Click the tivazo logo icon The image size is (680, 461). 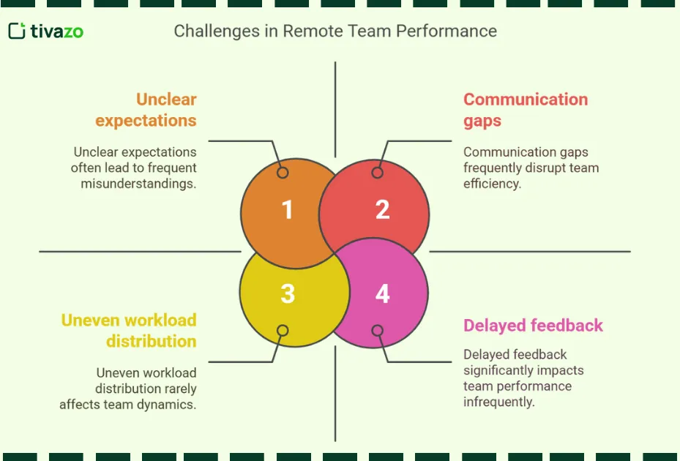click(18, 31)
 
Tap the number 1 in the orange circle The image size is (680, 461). click(288, 210)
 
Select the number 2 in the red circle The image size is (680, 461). click(382, 210)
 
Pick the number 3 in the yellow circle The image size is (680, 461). click(288, 294)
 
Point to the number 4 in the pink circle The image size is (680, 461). click(382, 294)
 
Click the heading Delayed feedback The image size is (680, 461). click(533, 326)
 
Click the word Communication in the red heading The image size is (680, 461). click(526, 100)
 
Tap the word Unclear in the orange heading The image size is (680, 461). click(166, 100)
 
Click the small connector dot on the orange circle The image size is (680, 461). click(283, 173)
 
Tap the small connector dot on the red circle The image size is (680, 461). click(377, 173)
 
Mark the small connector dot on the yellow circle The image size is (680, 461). click(283, 331)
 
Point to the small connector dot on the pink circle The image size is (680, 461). click(377, 331)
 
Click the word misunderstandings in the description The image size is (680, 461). click(138, 184)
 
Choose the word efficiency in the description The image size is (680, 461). click(491, 184)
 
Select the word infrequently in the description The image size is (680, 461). click(498, 402)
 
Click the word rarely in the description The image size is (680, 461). click(179, 389)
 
